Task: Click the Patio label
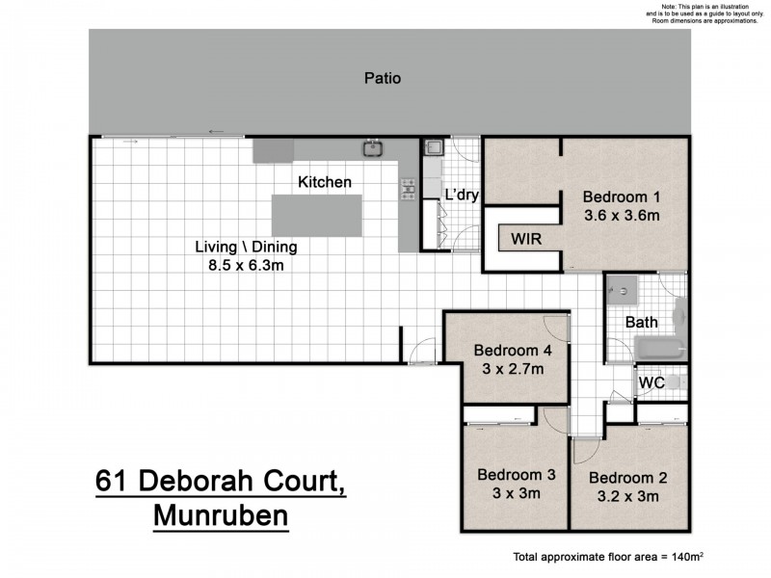pyautogui.click(x=383, y=79)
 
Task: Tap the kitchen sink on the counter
pyautogui.click(x=372, y=148)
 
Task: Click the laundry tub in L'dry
pyautogui.click(x=433, y=148)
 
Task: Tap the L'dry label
pyautogui.click(x=461, y=194)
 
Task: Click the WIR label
pyautogui.click(x=525, y=237)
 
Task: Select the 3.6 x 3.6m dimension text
pyautogui.click(x=622, y=216)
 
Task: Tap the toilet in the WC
pyautogui.click(x=677, y=383)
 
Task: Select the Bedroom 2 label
pyautogui.click(x=627, y=478)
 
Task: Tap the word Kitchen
pyautogui.click(x=325, y=182)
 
